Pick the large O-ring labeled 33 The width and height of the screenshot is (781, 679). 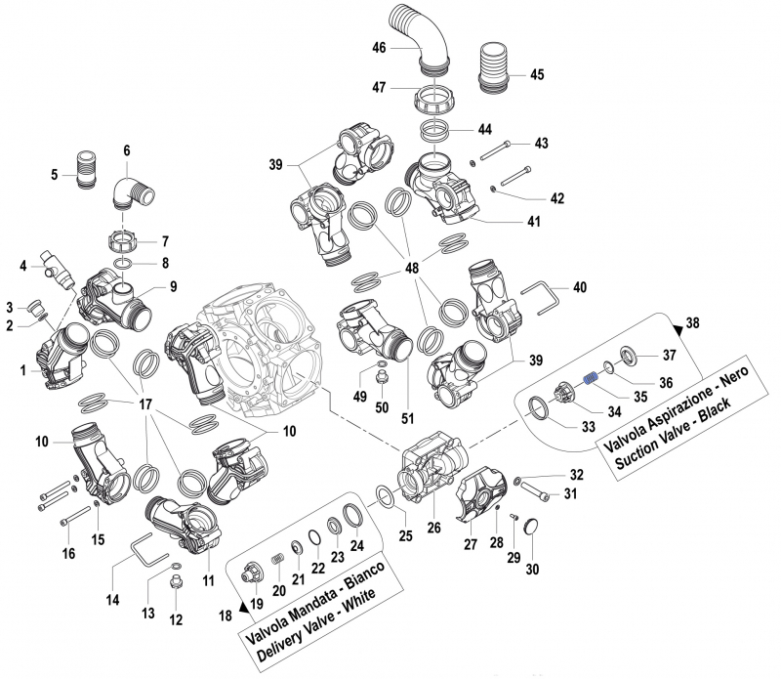pos(539,408)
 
